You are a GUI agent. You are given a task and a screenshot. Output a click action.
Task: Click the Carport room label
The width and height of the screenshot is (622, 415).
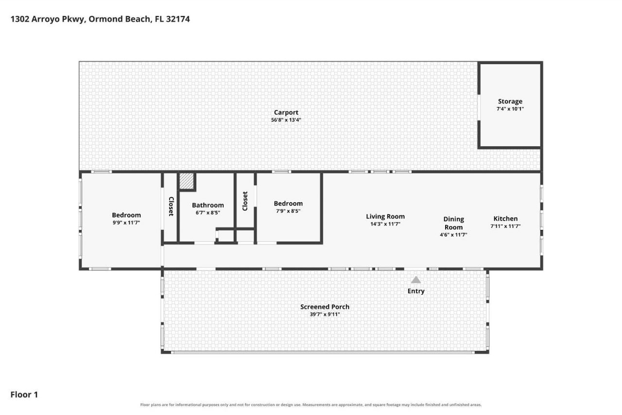[286, 113]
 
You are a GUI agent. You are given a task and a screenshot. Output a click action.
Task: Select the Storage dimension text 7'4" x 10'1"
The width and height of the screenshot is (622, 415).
[510, 109]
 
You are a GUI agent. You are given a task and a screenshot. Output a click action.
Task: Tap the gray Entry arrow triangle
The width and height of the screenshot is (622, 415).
[415, 280]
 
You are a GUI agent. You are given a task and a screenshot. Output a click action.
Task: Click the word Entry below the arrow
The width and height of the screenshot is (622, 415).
[416, 291]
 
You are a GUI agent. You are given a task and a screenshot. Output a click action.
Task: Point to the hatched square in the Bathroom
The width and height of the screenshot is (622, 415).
[187, 181]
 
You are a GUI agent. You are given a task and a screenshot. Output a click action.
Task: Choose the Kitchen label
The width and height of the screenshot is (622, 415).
[505, 219]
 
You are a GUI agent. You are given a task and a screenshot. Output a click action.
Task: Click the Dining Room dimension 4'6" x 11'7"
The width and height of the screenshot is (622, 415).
[453, 235]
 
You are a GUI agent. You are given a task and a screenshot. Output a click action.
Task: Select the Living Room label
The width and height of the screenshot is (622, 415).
[385, 216]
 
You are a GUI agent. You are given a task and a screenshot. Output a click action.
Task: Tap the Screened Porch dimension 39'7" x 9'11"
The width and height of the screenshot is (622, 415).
[325, 314]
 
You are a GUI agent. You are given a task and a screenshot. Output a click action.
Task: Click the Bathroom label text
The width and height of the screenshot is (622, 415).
[207, 205]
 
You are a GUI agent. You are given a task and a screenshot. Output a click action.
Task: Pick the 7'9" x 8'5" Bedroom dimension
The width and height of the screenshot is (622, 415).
[288, 211]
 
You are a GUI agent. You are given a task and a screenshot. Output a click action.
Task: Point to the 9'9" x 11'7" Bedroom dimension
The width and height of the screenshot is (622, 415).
[126, 223]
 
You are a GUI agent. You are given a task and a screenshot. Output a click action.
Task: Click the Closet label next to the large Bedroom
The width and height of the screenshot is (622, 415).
[171, 207]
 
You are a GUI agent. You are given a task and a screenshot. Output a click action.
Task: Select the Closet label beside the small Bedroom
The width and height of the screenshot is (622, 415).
[245, 201]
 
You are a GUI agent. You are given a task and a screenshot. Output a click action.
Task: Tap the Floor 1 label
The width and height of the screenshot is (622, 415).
[24, 395]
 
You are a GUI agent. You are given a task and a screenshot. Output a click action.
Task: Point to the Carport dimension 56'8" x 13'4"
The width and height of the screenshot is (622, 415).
[286, 120]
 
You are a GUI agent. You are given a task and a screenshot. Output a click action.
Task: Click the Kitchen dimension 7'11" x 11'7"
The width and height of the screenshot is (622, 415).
[505, 226]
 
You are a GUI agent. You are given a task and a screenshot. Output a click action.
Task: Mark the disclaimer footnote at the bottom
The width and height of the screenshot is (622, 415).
[311, 405]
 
